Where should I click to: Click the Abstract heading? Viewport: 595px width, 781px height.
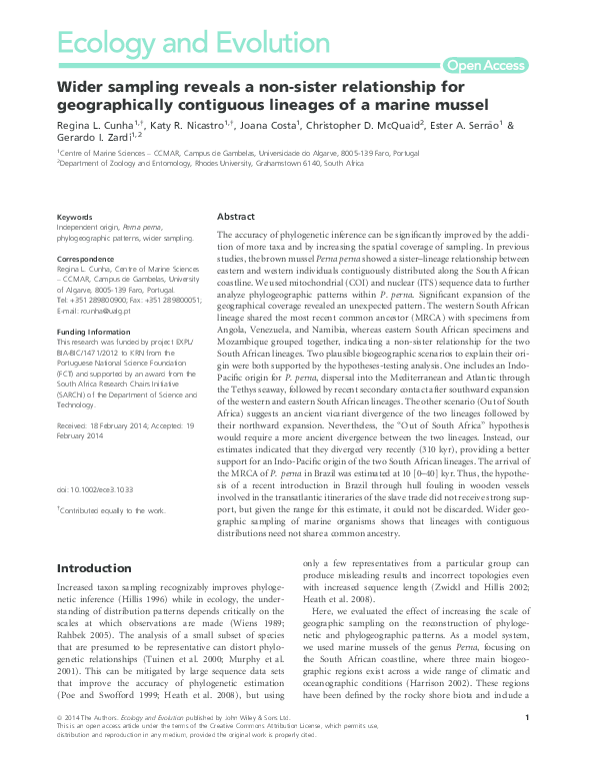[x=236, y=217]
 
